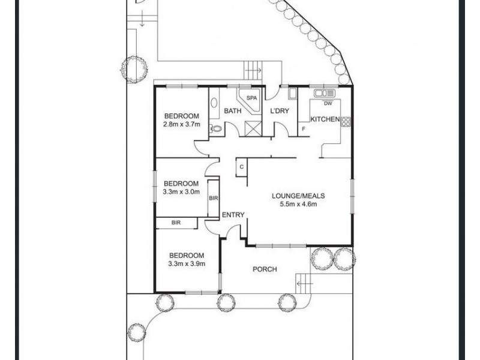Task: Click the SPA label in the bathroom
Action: tap(251, 98)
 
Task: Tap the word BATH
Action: tap(233, 111)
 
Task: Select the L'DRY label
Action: tap(280, 111)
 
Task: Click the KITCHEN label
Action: tap(325, 119)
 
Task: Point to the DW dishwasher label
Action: tap(328, 103)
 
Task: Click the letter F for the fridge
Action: tap(304, 129)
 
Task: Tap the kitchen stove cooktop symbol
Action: tap(346, 122)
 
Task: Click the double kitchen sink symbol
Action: tap(325, 92)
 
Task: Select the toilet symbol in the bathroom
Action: tap(216, 128)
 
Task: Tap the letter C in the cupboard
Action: tap(242, 167)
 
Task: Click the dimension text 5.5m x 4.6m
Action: tap(298, 204)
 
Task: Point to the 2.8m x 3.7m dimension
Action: tap(182, 124)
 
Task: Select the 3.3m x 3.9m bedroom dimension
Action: tap(187, 263)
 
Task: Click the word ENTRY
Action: tap(233, 215)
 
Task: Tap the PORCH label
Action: tap(265, 269)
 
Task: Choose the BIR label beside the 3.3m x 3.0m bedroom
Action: tap(214, 199)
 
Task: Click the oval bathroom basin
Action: tap(214, 103)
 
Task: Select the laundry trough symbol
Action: tap(293, 93)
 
